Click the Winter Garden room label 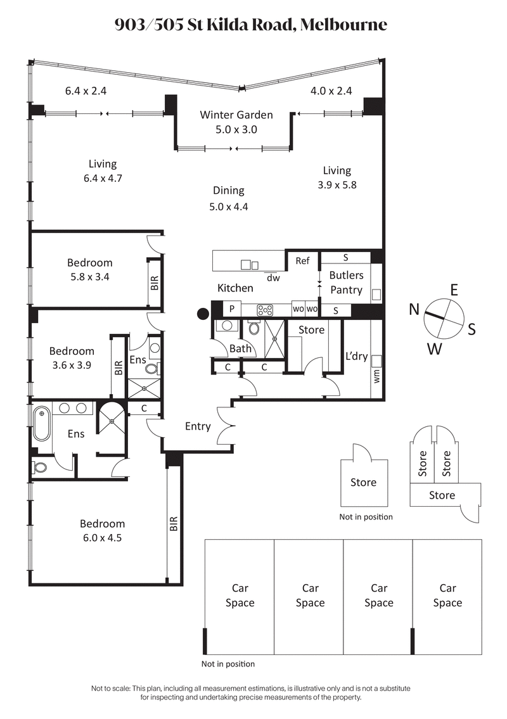tap(236, 115)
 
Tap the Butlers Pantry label tap(346, 283)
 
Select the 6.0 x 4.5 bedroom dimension tap(102, 538)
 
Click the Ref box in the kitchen tap(302, 260)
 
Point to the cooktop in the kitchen tap(265, 310)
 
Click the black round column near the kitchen tap(203, 313)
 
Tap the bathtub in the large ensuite tap(42, 423)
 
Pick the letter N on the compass tap(414, 309)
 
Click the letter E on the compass tap(454, 290)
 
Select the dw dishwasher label tap(273, 277)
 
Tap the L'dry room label tap(355, 356)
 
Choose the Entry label tap(198, 426)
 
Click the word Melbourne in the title tap(343, 25)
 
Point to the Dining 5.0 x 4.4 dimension tap(229, 206)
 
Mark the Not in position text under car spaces tap(228, 664)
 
